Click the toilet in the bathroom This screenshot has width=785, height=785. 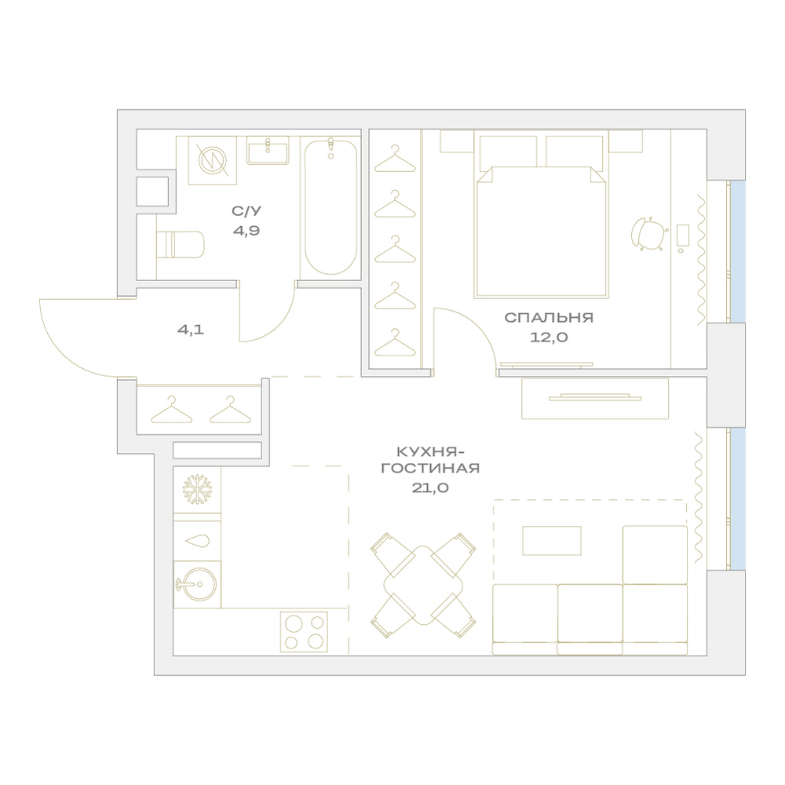pos(181,244)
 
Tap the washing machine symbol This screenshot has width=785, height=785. pos(212,160)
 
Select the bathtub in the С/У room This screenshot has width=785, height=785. pos(331,206)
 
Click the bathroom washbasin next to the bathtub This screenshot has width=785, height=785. pos(268,150)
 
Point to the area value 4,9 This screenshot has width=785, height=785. pos(246,231)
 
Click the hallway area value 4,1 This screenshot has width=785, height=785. pos(191,330)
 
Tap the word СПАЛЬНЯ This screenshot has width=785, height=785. pos(549,317)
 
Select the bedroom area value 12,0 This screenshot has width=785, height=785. pos(549,338)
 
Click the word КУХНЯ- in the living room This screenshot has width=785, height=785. pos(430,452)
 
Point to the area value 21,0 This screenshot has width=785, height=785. pos(430,487)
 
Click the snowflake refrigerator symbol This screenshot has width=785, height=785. pos(197,489)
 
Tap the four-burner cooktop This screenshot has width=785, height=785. pos(304,632)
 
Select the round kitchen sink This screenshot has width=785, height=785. pos(197,584)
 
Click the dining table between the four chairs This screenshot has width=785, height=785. pos(424,586)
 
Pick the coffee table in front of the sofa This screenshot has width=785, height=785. pos(552,541)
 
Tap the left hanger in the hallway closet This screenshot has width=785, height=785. pos(172,410)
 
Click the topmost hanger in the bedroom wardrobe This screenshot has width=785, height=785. pos(395,159)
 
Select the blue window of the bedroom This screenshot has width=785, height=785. pos(737,251)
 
